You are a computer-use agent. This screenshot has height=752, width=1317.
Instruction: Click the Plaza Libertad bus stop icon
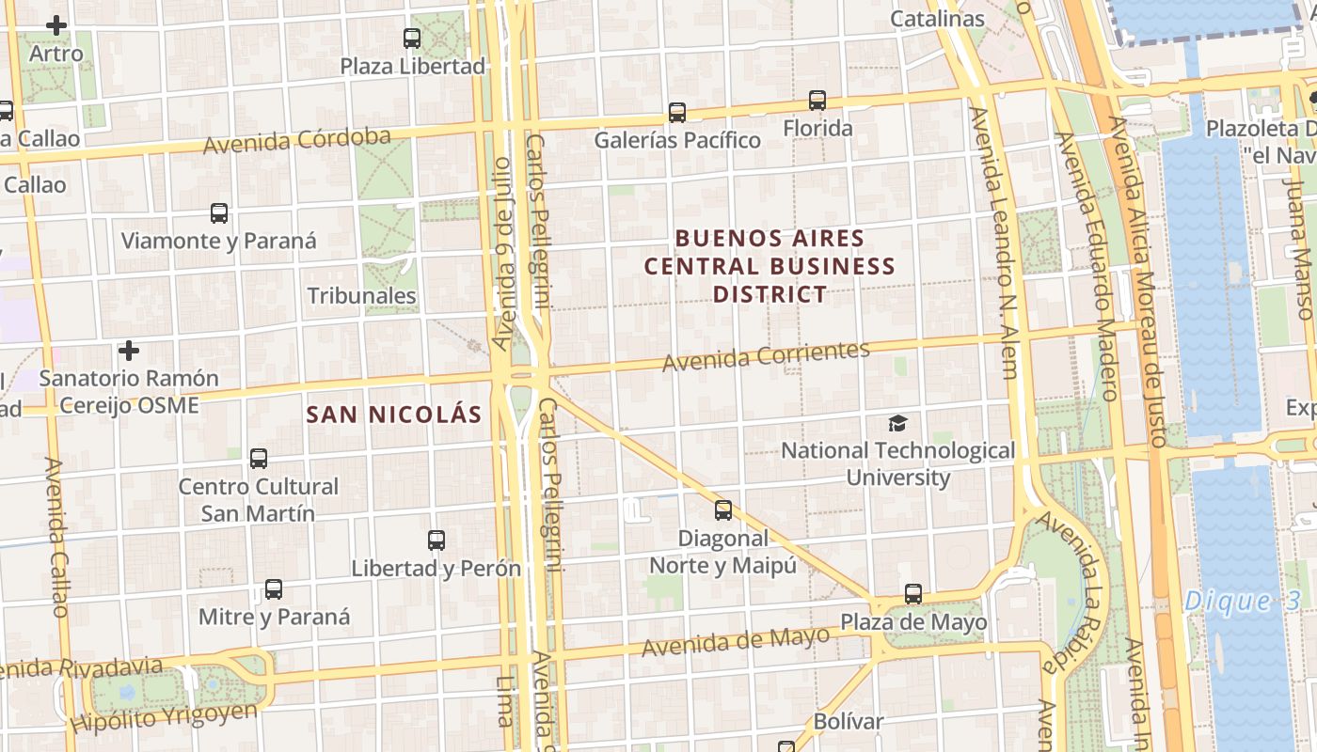tap(412, 39)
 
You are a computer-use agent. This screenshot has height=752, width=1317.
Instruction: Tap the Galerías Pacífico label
tap(677, 140)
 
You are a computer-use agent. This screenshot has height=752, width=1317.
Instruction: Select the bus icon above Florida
tap(817, 101)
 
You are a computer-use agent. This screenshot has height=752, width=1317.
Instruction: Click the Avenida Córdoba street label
tap(297, 141)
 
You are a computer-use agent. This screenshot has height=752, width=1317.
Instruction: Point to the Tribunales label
tap(361, 295)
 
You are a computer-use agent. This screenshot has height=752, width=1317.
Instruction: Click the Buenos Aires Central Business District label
tap(770, 266)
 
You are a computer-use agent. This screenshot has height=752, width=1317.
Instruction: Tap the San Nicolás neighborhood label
tap(394, 414)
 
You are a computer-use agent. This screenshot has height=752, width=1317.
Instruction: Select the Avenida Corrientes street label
tap(766, 355)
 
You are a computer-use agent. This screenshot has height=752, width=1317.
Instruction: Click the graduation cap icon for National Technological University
tap(898, 424)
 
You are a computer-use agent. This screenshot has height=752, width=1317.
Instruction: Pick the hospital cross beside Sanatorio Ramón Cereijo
tap(129, 352)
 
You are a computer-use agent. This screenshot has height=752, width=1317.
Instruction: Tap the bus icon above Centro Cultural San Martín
tap(259, 459)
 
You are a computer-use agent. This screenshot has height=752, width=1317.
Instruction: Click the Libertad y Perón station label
tap(436, 568)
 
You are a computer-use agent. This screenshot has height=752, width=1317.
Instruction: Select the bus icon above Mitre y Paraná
tap(274, 589)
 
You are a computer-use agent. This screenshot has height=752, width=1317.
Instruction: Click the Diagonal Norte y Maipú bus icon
tap(722, 510)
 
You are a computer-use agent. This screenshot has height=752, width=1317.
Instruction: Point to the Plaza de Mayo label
tap(913, 622)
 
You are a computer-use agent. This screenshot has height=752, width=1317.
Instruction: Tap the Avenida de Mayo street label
tap(736, 641)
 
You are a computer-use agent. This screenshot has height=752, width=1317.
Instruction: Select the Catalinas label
tap(937, 19)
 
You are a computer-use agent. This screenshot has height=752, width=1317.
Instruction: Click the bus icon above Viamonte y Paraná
tap(219, 213)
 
